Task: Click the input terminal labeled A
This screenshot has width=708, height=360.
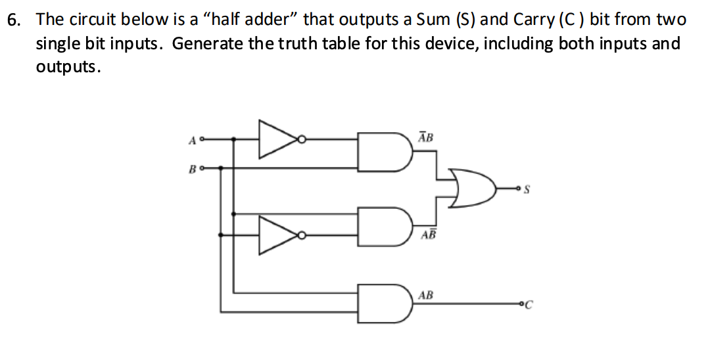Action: coord(202,139)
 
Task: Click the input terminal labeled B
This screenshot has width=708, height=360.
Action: coord(202,168)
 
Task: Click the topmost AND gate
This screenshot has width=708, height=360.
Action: coord(381,151)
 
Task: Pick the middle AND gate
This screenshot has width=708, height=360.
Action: coord(381,225)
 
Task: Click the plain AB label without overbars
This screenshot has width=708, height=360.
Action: coord(425,295)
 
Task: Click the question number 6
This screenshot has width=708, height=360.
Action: coord(14,19)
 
